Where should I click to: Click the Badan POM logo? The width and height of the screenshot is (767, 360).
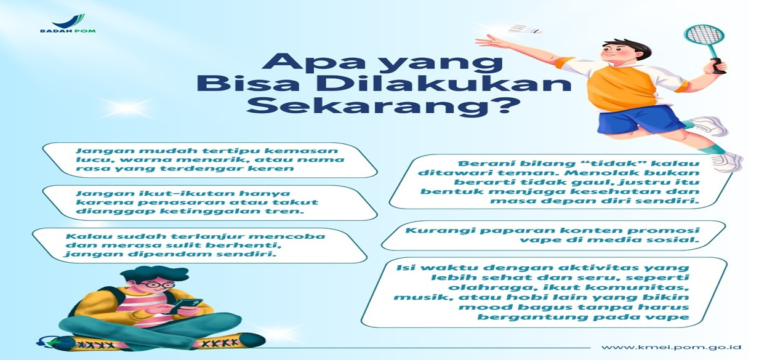[x=68, y=23]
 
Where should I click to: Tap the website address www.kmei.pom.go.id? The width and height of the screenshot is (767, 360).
[x=671, y=347]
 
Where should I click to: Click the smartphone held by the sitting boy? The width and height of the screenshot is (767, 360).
[x=185, y=306]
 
